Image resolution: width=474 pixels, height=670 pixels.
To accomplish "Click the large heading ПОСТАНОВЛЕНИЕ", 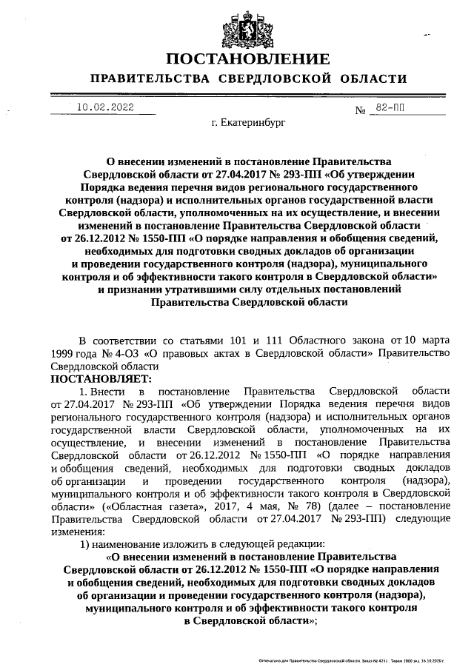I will pyautogui.click(x=247, y=59).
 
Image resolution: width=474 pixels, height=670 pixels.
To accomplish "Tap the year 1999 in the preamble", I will pyautogui.click(x=63, y=353).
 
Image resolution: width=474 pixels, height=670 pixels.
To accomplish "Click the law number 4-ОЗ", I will pyautogui.click(x=131, y=353).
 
